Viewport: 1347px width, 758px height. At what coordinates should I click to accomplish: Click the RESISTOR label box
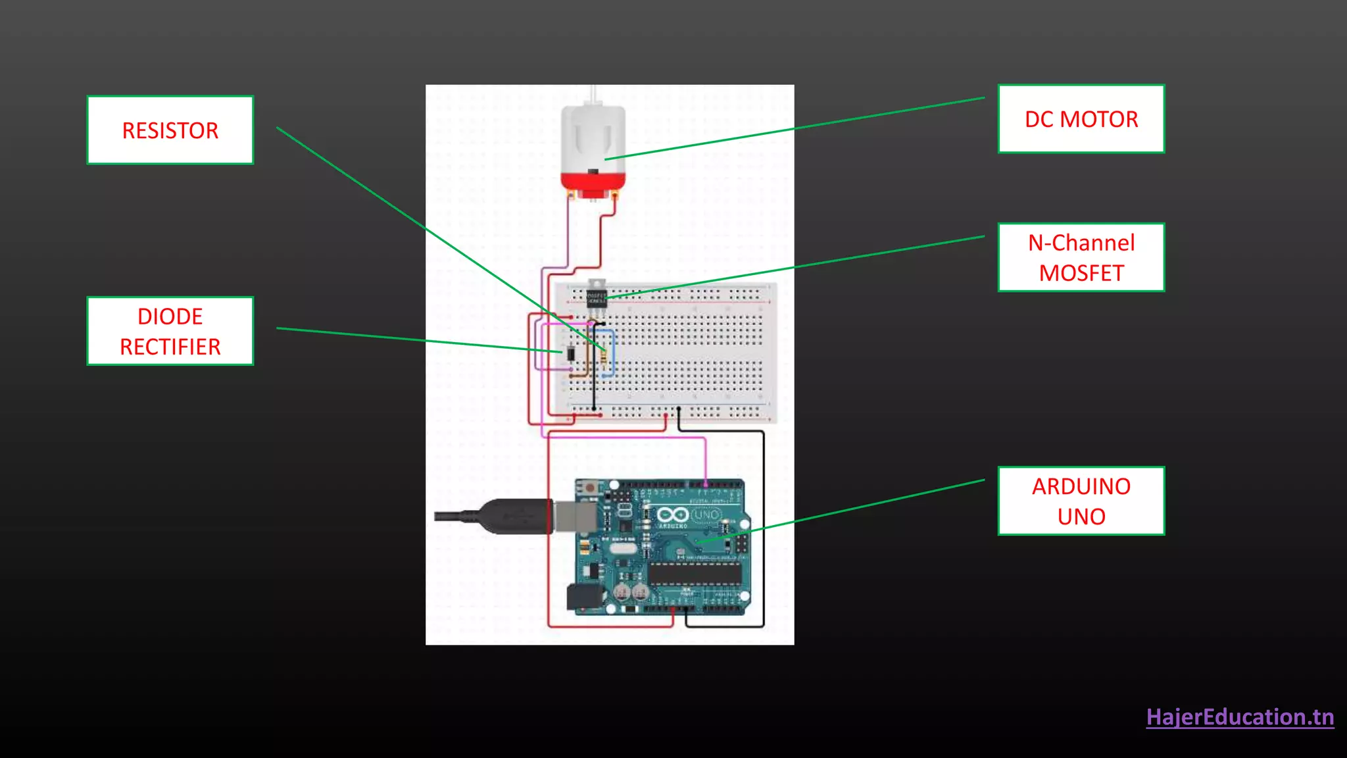pos(170,130)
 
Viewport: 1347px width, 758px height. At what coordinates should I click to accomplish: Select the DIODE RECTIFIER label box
pos(170,331)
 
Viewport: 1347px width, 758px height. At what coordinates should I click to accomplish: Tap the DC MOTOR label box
pos(1081,119)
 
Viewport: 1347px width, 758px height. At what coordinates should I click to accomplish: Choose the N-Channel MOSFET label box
pos(1081,257)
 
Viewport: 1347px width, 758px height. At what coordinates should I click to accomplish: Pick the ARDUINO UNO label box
pos(1081,501)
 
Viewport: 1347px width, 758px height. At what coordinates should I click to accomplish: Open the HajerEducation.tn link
pos(1240,717)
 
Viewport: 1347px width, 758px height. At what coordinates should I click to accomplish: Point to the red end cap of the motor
pos(593,180)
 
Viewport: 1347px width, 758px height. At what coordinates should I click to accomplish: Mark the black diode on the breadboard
pos(571,353)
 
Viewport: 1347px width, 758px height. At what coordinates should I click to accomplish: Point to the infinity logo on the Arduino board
pos(672,515)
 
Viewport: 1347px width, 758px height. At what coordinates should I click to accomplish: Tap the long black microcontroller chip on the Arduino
pos(695,574)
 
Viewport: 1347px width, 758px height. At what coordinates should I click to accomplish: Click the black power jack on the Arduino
pos(583,597)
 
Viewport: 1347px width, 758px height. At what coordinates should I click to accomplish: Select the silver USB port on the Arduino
pos(574,516)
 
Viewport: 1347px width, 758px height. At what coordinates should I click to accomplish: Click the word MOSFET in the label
pos(1081,273)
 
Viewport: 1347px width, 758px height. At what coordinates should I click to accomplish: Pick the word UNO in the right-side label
pos(1081,517)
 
